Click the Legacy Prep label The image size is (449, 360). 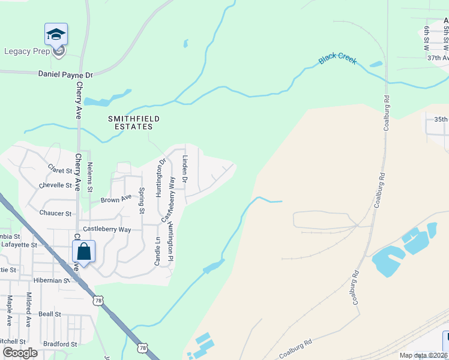pos(26,52)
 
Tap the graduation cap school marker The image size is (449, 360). pos(56,34)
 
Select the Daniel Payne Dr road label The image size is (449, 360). pos(65,75)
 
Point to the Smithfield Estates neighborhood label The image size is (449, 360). pos(134,122)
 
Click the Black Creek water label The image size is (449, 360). pos(337,59)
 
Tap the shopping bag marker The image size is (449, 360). pos(84,252)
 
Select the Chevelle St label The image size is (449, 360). pos(56,186)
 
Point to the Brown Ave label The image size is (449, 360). pos(116,199)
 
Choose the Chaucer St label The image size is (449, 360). pos(55,213)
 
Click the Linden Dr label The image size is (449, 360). pos(185,169)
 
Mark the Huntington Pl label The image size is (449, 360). pos(170,242)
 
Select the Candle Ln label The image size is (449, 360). pos(158,252)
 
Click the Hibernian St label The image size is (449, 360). pos(52,280)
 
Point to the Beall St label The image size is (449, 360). pos(50,314)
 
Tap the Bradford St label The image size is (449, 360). pos(60,344)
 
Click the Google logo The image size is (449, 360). pos(20,353)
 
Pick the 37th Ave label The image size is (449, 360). pos(438,58)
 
